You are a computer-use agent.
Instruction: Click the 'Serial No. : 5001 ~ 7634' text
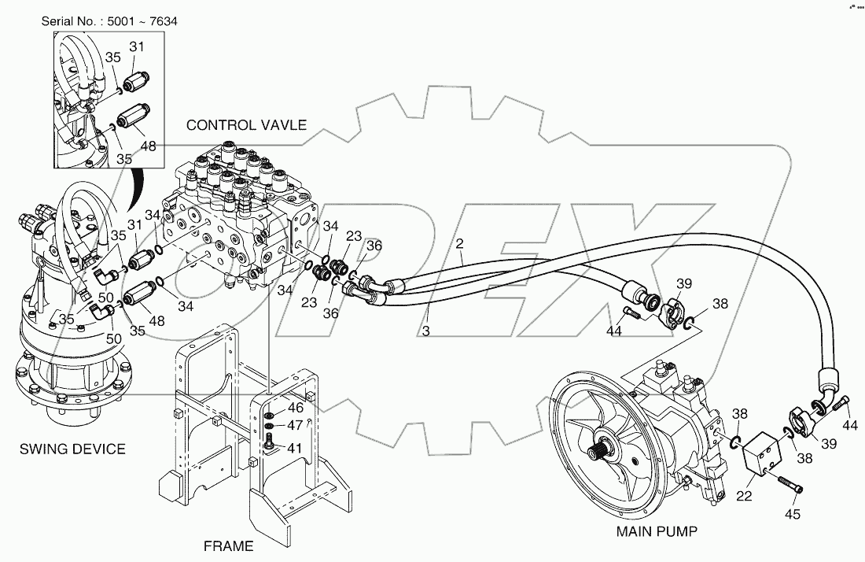click(x=109, y=20)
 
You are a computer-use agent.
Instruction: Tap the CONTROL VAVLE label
click(x=246, y=125)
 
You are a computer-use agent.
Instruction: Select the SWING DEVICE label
click(x=72, y=449)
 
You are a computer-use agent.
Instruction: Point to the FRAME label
click(x=229, y=545)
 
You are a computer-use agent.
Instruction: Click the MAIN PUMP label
click(x=656, y=531)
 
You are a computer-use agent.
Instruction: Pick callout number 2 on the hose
click(x=458, y=244)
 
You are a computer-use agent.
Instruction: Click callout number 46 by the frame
click(x=294, y=408)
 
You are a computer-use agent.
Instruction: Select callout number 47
click(x=294, y=426)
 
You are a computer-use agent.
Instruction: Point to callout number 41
click(x=294, y=449)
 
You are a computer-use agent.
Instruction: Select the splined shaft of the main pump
click(x=597, y=453)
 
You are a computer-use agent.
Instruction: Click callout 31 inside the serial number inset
click(x=137, y=48)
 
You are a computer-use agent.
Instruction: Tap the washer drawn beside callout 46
click(x=270, y=415)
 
